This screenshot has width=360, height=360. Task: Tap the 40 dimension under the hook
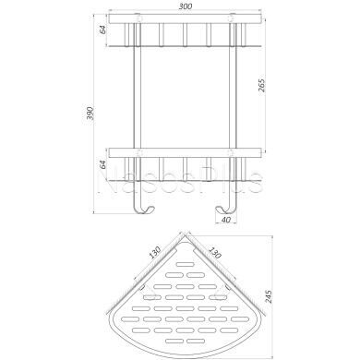coord(223,219)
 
